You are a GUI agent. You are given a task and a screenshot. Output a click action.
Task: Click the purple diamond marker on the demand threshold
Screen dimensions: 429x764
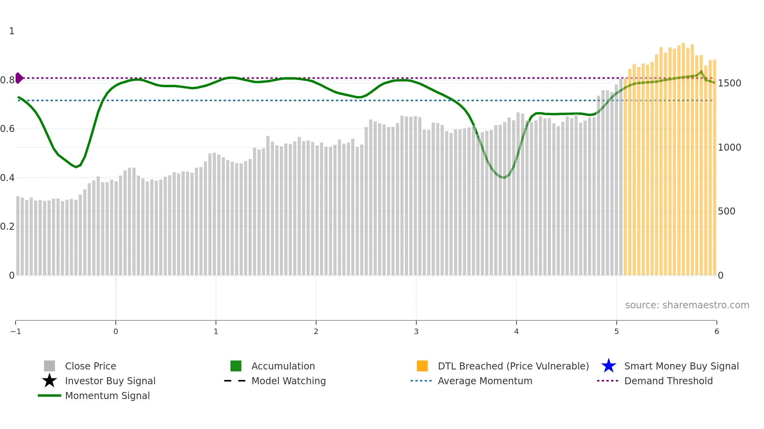click(19, 78)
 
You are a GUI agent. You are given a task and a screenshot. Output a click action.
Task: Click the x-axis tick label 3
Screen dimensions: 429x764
click(416, 332)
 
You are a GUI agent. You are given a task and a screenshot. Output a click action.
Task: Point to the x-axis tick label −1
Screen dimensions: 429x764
click(16, 332)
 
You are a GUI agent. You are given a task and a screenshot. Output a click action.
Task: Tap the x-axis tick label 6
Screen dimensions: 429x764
click(716, 332)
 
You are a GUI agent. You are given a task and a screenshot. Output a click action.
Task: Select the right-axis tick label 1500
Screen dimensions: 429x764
click(729, 83)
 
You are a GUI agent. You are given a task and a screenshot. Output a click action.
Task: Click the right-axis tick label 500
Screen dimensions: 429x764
click(726, 211)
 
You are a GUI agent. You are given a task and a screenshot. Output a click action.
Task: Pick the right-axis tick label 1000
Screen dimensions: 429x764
click(729, 148)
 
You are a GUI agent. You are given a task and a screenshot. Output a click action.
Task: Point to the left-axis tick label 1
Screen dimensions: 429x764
click(12, 31)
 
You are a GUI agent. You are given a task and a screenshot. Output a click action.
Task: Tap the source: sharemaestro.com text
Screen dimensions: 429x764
click(687, 305)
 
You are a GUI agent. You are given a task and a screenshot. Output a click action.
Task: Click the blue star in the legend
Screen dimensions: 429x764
click(608, 366)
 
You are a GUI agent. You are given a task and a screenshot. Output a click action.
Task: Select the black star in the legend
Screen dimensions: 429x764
click(50, 381)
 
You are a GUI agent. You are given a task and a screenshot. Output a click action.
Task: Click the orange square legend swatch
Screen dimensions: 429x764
click(422, 366)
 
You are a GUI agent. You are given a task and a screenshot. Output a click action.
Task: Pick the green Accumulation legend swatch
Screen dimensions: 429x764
click(236, 366)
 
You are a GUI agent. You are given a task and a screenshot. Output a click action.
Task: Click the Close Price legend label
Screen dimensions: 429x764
click(90, 366)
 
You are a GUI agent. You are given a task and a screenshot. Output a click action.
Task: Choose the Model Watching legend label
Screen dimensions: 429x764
click(288, 381)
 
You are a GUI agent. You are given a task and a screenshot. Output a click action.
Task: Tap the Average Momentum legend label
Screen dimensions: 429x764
click(485, 381)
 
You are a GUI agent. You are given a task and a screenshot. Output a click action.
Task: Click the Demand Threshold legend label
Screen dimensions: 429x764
click(668, 381)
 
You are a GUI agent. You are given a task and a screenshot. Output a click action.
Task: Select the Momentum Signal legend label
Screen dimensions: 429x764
click(107, 396)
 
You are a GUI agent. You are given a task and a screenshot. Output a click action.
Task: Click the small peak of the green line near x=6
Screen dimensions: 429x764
click(701, 71)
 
